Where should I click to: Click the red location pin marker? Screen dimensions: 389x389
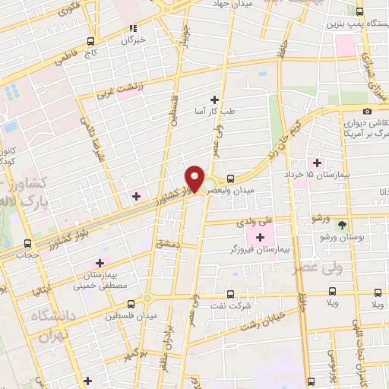pos(194,179)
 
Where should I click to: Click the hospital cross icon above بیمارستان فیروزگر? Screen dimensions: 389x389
pos(261,237)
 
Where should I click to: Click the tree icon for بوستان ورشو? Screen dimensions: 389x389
pos(341,224)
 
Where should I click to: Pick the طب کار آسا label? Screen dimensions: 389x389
pos(216,110)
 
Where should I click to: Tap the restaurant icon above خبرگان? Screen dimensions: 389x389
pos(134,28)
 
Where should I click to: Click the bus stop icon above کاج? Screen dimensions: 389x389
pos(91,41)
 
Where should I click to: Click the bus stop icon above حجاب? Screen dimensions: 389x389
pos(28,243)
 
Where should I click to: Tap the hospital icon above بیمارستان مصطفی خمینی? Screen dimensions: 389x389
pos(101,263)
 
